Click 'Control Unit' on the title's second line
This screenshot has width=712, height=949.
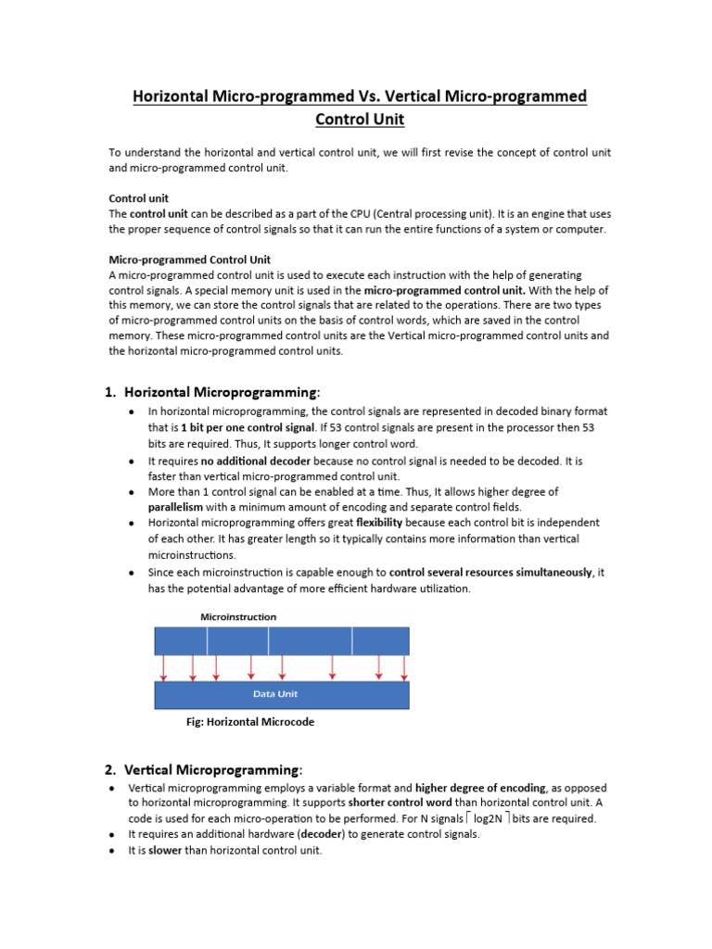point(360,120)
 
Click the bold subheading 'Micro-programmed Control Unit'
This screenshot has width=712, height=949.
point(190,259)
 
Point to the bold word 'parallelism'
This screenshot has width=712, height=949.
point(175,507)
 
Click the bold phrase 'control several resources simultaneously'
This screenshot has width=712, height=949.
point(490,573)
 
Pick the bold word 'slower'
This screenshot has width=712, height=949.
point(166,850)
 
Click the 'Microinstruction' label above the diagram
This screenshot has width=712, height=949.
point(238,616)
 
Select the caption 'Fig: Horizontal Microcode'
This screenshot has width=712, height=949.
point(250,722)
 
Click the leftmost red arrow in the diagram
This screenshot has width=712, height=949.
point(165,666)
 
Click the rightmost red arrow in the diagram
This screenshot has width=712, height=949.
point(403,666)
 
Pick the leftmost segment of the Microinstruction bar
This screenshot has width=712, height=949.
point(180,640)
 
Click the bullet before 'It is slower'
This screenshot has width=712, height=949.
point(109,851)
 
